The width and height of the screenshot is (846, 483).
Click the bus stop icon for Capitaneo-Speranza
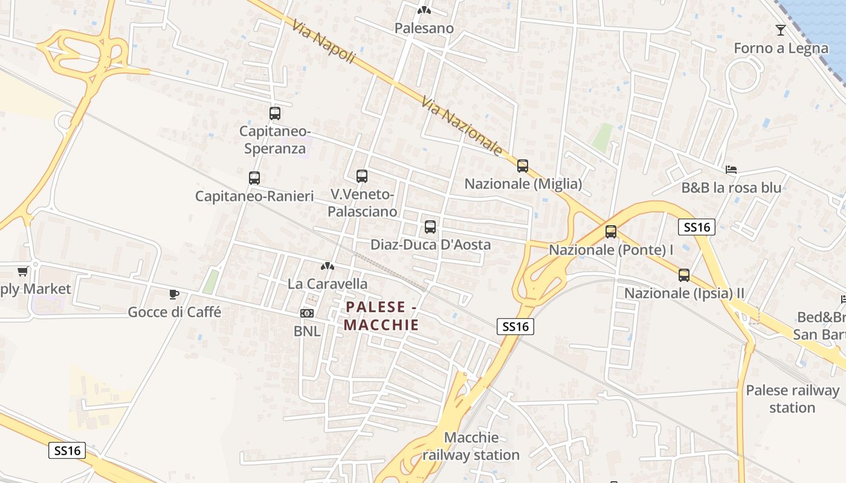tap(275, 113)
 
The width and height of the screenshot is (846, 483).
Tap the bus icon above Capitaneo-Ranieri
tap(254, 178)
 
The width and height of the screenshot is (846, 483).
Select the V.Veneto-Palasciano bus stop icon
tap(362, 176)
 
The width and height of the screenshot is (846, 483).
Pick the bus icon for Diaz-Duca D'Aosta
tap(430, 227)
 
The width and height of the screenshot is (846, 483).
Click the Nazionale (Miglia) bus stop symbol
tap(523, 165)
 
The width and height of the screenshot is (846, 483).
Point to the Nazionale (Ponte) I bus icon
tap(611, 232)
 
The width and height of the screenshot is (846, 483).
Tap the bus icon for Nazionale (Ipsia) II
tap(684, 275)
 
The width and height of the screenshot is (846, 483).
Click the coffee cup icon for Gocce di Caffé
tap(174, 295)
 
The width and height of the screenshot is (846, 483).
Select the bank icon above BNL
tap(307, 313)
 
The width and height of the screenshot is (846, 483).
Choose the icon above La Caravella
tap(328, 266)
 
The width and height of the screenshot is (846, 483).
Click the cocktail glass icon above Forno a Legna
tap(781, 30)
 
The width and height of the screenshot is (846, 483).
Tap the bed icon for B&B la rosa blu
tap(731, 170)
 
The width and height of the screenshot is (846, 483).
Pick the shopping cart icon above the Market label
tap(23, 271)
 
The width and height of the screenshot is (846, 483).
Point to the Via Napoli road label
tap(323, 42)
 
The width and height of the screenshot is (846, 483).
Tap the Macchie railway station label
tap(471, 446)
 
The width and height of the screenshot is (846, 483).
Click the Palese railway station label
tap(792, 399)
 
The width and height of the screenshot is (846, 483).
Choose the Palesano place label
tap(424, 28)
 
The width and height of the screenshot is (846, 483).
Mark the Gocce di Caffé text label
tap(175, 312)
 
